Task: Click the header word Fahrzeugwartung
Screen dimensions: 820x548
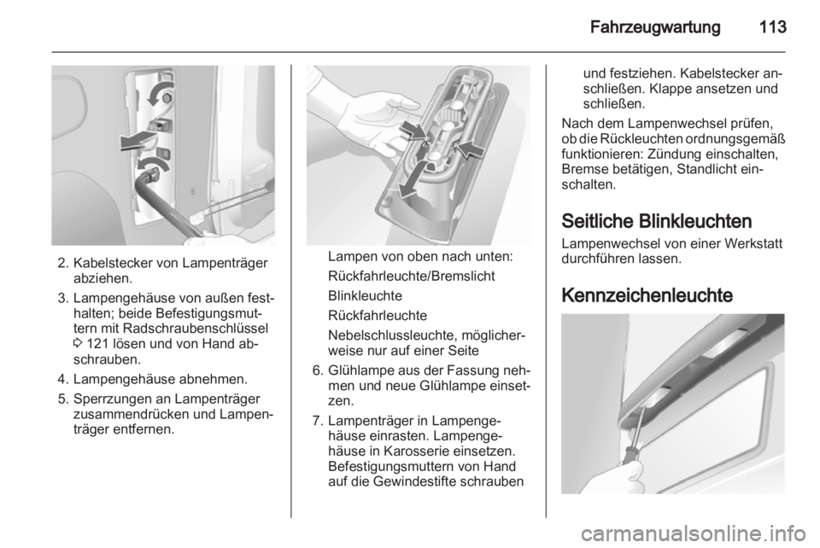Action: pyautogui.click(x=655, y=27)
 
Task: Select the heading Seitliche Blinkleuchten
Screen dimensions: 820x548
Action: pyautogui.click(x=656, y=221)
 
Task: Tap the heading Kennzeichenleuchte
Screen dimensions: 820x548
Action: pyautogui.click(x=647, y=295)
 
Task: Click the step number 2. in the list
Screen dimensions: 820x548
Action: pyautogui.click(x=64, y=263)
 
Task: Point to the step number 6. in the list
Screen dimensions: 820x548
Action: pyautogui.click(x=318, y=371)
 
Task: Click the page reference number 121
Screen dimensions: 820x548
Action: pyautogui.click(x=97, y=344)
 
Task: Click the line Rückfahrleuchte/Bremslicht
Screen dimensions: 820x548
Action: pyautogui.click(x=412, y=277)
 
